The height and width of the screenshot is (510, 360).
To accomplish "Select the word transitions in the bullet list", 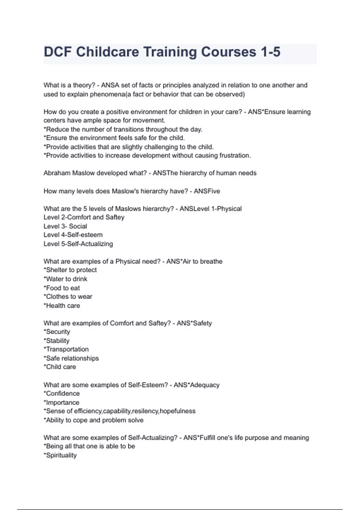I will click(129, 129).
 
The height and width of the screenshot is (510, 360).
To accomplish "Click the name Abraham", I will click(57, 173).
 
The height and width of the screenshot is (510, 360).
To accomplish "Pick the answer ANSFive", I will click(207, 191).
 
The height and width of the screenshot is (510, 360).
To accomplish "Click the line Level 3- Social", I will click(65, 226).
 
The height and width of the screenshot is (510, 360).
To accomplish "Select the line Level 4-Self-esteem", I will click(73, 235).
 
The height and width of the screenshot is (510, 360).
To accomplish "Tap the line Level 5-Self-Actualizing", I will click(78, 244).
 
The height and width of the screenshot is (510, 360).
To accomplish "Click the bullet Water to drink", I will click(66, 279).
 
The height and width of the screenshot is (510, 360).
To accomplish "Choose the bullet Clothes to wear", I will click(68, 297).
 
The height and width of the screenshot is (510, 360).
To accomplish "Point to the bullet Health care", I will click(62, 306).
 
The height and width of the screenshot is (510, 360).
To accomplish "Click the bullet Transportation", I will click(66, 349).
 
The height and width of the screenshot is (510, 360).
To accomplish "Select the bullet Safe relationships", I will click(71, 358).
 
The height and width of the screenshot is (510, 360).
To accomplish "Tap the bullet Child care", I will click(60, 367).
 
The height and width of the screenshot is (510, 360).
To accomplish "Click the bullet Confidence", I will click(62, 394).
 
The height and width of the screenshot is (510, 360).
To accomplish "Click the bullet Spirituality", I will click(60, 455).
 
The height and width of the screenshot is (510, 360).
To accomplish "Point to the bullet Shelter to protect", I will click(70, 270).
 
